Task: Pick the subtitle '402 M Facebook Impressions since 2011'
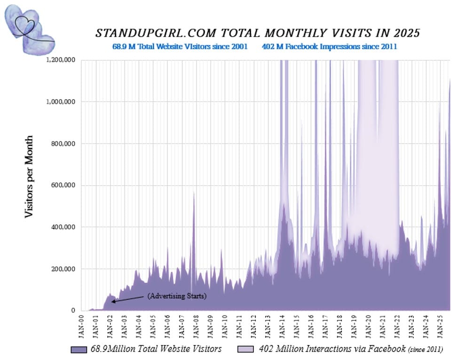click(330, 47)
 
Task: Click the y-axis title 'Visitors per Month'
click(29, 176)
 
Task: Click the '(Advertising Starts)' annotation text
click(177, 296)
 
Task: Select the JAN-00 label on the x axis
click(81, 324)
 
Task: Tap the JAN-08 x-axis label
click(195, 324)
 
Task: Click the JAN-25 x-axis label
click(439, 324)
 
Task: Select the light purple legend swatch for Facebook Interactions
click(246, 349)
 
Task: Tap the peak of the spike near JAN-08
click(194, 193)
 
